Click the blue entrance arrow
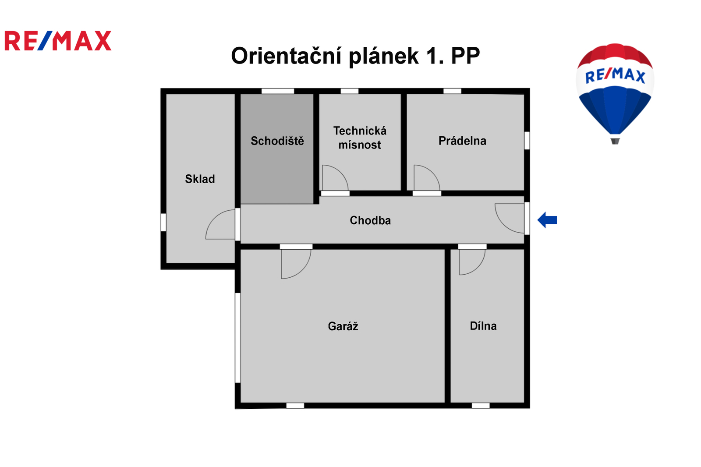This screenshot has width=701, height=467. click(x=547, y=220)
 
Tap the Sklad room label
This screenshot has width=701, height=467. click(x=200, y=179)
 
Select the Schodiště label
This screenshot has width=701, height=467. click(x=277, y=141)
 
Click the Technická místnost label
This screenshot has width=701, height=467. click(x=360, y=138)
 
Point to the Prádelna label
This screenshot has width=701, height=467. click(x=463, y=141)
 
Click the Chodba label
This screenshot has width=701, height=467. click(x=370, y=220)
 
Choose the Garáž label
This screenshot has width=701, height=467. click(x=343, y=326)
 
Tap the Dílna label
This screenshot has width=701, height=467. click(x=483, y=326)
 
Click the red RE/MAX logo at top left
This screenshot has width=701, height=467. click(x=58, y=41)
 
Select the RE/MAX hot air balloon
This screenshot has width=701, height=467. click(x=615, y=93)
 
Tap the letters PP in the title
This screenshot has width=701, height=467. click(x=465, y=56)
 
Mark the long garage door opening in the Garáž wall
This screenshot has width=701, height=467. click(x=238, y=338)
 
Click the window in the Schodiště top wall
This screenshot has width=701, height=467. click(x=278, y=91)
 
